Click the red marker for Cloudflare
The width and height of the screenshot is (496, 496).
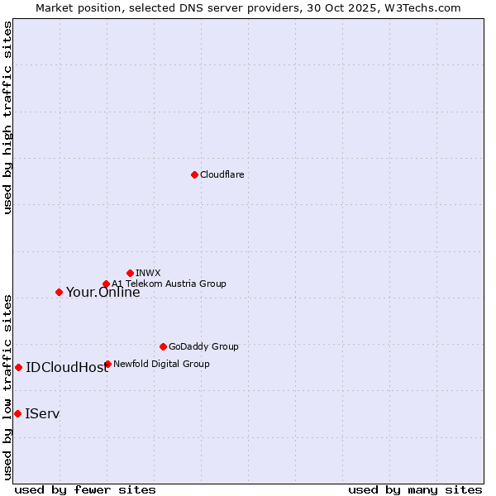pos(194,174)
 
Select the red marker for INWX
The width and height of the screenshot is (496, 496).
pos(130,273)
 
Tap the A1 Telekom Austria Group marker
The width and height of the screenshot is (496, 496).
pos(106,284)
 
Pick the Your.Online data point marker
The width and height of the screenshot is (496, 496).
pos(59,292)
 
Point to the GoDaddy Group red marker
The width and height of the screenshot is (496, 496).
pos(163,346)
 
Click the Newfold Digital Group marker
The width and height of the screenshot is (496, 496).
pos(107,364)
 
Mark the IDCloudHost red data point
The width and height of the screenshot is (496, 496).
pos(18,367)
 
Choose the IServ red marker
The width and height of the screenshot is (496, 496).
pos(17,413)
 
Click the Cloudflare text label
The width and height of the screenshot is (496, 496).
pos(222,174)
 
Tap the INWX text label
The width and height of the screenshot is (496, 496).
pos(148,273)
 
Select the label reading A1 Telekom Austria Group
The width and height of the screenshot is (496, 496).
pos(169,284)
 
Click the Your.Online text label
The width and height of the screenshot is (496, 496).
pos(103,292)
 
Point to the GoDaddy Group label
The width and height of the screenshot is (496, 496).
pos(203,346)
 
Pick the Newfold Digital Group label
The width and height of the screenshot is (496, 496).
pos(161,364)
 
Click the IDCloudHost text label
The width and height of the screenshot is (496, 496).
pos(67,368)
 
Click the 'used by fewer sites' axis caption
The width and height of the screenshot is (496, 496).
pos(85,489)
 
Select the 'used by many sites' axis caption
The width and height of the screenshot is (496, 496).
pos(415,489)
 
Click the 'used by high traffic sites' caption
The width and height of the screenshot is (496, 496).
pos(8,117)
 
